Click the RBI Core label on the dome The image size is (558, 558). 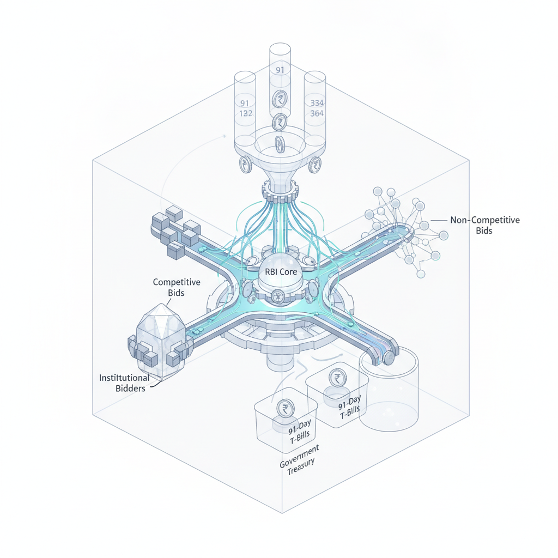(281, 272)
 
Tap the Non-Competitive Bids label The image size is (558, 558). (484, 225)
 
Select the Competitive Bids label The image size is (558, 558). (177, 287)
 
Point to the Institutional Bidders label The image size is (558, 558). (124, 383)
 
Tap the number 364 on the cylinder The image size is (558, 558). (317, 113)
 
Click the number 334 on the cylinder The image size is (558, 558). (317, 103)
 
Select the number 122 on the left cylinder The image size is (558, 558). (246, 113)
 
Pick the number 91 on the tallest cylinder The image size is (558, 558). (280, 70)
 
